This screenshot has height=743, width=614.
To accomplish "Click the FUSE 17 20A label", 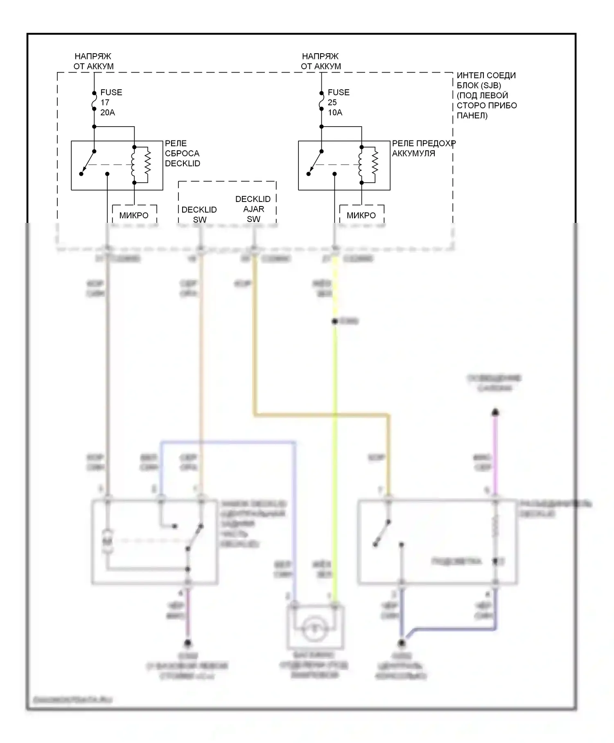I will [x=111, y=102].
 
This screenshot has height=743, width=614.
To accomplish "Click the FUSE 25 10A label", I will [x=338, y=102].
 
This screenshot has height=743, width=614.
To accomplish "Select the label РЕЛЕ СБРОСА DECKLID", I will [x=182, y=154].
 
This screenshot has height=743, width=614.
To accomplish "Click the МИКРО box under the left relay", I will [x=134, y=215].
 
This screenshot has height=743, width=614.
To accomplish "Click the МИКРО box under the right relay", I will [x=361, y=215].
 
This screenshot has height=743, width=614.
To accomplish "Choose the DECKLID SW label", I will [x=199, y=215].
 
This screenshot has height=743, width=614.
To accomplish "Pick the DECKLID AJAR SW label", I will [x=253, y=209].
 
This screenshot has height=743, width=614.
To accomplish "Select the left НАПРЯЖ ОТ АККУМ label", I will [x=93, y=61].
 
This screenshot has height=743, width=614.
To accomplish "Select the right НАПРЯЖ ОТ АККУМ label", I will [x=321, y=61].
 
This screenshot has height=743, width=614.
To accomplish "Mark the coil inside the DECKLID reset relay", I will [x=133, y=164].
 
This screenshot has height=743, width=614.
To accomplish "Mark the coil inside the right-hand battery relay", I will [x=361, y=164].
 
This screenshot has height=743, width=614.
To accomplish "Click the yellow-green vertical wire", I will [x=335, y=451].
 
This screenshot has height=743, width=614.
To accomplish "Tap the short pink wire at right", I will [x=495, y=451].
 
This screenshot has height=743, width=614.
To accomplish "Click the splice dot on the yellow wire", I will [x=335, y=322].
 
